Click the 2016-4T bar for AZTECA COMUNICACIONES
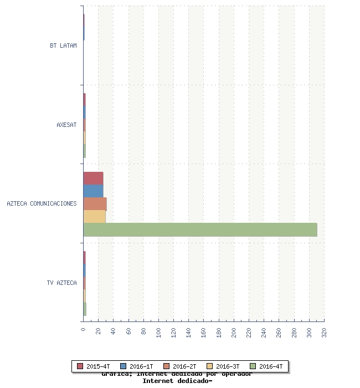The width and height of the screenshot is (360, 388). [x=200, y=229]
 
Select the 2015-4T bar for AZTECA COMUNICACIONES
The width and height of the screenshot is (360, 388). [x=93, y=178]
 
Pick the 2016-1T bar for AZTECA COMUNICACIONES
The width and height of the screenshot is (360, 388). [x=93, y=191]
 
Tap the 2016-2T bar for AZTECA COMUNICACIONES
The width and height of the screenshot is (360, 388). [x=95, y=203]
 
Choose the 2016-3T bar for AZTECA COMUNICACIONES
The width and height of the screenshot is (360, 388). [x=94, y=216]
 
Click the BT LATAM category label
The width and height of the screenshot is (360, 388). [x=63, y=45]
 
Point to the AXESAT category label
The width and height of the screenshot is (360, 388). [x=66, y=125]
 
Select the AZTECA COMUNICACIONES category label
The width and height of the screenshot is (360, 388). [x=42, y=203]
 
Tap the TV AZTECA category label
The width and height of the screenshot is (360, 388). [x=61, y=283]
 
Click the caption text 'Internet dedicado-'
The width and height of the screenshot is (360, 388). [x=177, y=381]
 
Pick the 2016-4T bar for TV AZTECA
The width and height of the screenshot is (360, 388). [x=85, y=309]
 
